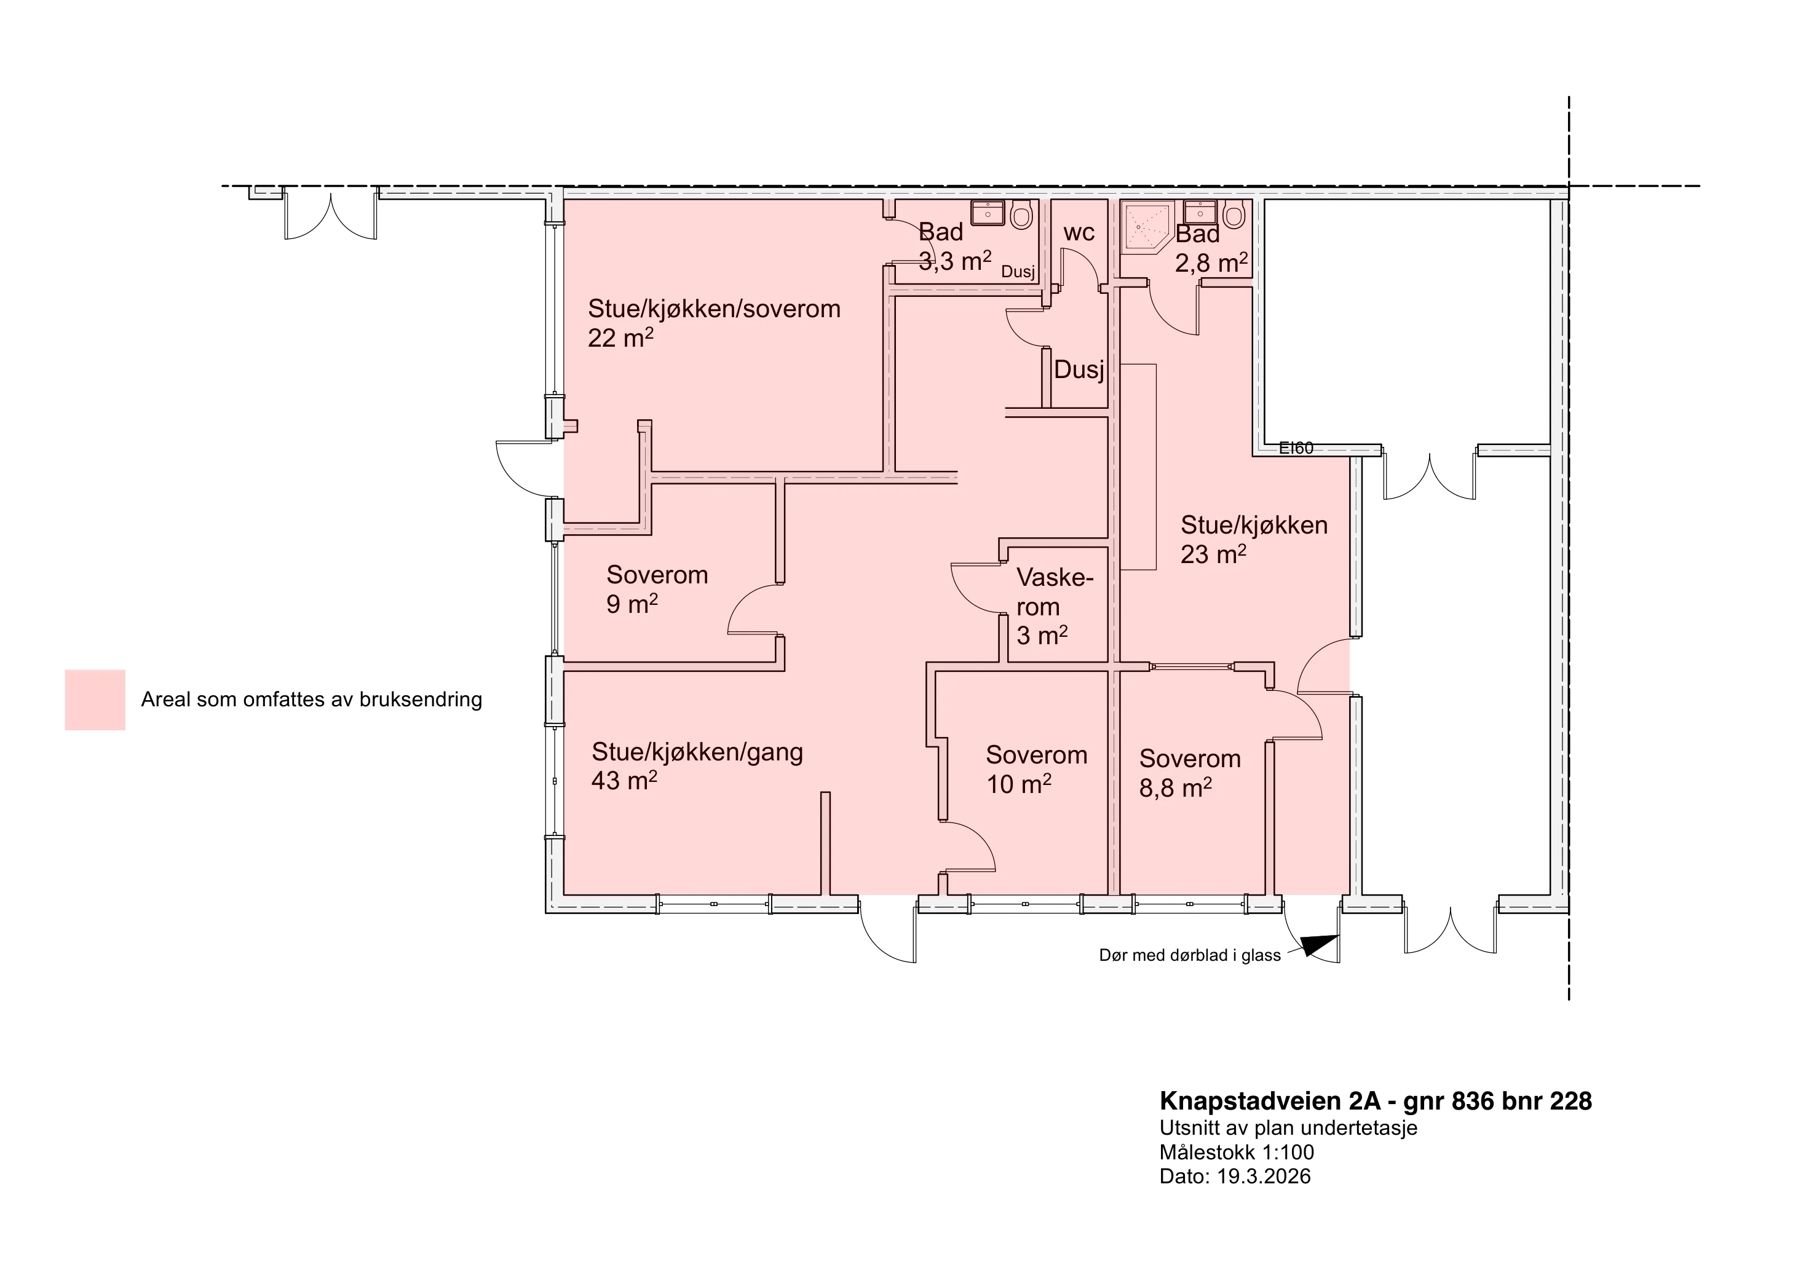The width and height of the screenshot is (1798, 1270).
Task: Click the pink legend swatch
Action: pyautogui.click(x=95, y=700)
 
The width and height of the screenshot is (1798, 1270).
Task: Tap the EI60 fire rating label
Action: pyautogui.click(x=1296, y=449)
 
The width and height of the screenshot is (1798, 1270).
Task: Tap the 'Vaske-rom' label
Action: pyautogui.click(x=1055, y=593)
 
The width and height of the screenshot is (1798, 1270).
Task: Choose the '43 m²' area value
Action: pyautogui.click(x=624, y=781)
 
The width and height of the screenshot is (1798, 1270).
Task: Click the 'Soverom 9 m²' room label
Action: pyautogui.click(x=657, y=590)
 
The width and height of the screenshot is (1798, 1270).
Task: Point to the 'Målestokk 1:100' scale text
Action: pyautogui.click(x=1237, y=1153)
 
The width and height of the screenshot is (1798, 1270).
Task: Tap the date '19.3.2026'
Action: pyautogui.click(x=1264, y=1177)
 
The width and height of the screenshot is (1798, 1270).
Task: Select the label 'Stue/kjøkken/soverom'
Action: pyautogui.click(x=714, y=309)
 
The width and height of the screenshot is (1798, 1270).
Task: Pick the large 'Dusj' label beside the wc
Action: pyautogui.click(x=1079, y=369)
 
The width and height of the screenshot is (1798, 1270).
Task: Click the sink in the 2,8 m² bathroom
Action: pyautogui.click(x=1200, y=211)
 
